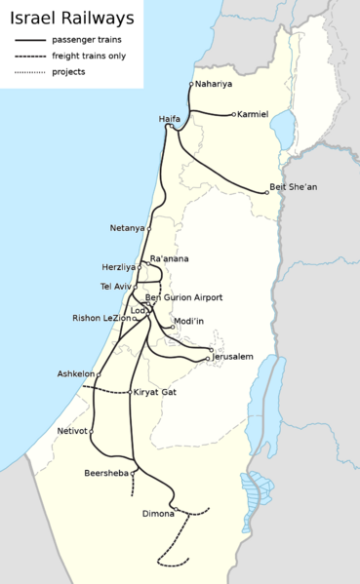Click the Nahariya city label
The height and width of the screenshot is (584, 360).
pyautogui.click(x=214, y=84)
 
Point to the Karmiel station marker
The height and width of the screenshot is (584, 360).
pyautogui.click(x=234, y=114)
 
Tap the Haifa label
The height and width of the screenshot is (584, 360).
pyautogui.click(x=170, y=118)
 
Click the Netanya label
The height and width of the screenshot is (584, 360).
pyautogui.click(x=127, y=228)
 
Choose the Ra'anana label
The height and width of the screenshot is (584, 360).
pyautogui.click(x=170, y=258)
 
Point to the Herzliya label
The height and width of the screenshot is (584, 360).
pyautogui.click(x=118, y=267)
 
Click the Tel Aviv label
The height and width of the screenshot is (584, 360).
pyautogui.click(x=115, y=287)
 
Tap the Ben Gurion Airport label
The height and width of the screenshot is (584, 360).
pyautogui.click(x=183, y=297)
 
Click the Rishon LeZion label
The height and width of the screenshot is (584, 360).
pyautogui.click(x=100, y=318)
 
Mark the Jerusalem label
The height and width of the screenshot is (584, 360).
pyautogui.click(x=232, y=357)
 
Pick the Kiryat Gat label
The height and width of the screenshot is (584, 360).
pyautogui.click(x=155, y=392)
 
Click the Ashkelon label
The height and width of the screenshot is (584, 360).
pyautogui.click(x=76, y=373)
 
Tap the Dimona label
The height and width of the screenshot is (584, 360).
pyautogui.click(x=158, y=513)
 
